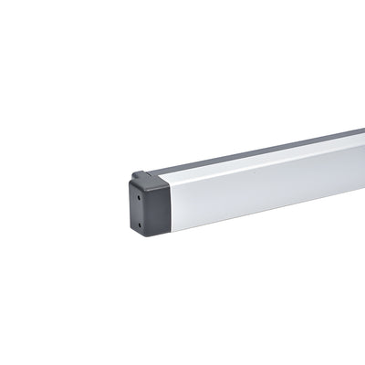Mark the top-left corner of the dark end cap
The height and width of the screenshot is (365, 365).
[x=130, y=182]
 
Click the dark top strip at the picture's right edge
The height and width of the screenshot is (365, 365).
[x=361, y=131]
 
